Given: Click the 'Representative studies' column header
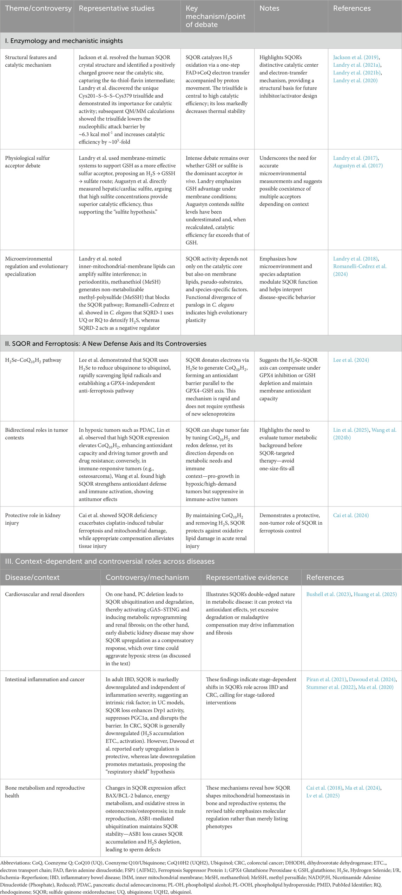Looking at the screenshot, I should (x=117, y=8).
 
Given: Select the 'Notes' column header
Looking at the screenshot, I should (x=269, y=8).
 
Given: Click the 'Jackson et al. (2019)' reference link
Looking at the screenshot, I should (x=356, y=57).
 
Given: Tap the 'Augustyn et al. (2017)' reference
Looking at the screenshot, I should (x=358, y=166).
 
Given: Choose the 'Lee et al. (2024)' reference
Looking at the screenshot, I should (x=351, y=360).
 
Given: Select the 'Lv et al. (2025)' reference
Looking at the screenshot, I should (x=323, y=796).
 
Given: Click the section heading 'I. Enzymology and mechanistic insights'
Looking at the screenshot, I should (x=64, y=41).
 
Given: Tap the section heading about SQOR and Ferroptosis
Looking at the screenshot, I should (x=106, y=344).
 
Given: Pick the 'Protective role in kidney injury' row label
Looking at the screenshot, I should (x=33, y=519).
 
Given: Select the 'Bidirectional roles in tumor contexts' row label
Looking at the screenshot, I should (x=37, y=434).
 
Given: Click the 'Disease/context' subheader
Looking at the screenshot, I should (x=32, y=577).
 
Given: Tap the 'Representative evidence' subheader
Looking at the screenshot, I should (x=247, y=577).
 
